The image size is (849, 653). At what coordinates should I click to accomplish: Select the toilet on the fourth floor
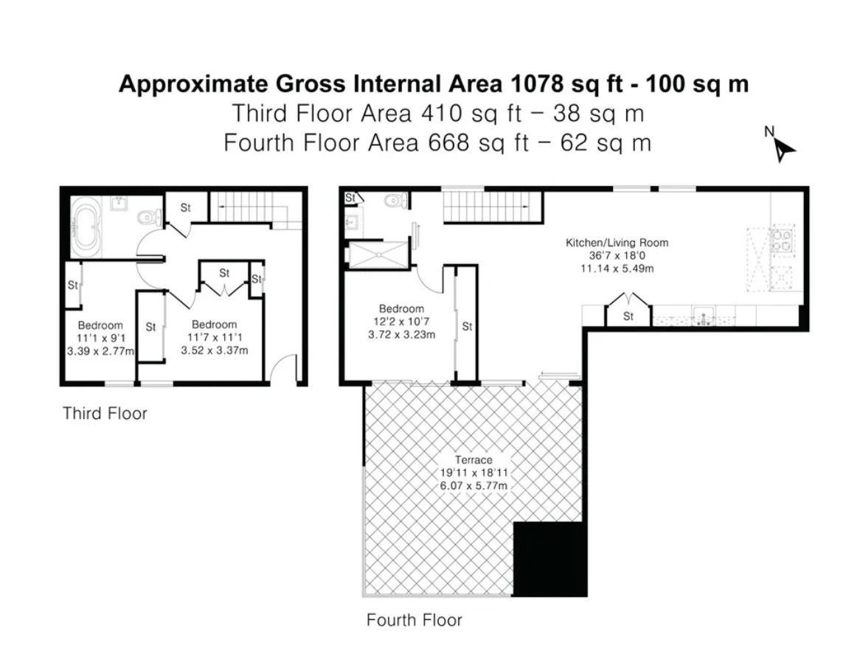tap(395, 201)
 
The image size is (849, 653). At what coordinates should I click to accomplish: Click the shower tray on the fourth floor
tap(378, 255)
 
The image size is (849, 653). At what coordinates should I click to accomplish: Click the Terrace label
tap(474, 460)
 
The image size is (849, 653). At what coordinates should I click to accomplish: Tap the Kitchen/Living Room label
tap(617, 243)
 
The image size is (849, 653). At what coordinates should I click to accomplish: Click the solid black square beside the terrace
tap(550, 559)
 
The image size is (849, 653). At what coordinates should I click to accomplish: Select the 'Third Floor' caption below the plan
tap(105, 413)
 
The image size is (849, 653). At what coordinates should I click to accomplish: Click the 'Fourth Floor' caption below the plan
tap(415, 620)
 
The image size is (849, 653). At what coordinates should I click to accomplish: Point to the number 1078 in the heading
tap(537, 84)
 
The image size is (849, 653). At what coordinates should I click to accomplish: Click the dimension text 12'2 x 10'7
tap(401, 322)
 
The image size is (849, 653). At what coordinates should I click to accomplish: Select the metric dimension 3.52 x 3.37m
tap(215, 350)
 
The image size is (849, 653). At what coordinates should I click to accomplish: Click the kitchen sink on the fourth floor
tap(704, 316)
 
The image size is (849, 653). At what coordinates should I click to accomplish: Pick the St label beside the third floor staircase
tap(186, 207)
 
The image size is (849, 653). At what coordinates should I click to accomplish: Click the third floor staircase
tap(254, 208)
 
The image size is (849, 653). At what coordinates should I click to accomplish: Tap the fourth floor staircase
tap(493, 207)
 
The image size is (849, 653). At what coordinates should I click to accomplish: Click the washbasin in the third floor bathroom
tap(119, 204)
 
